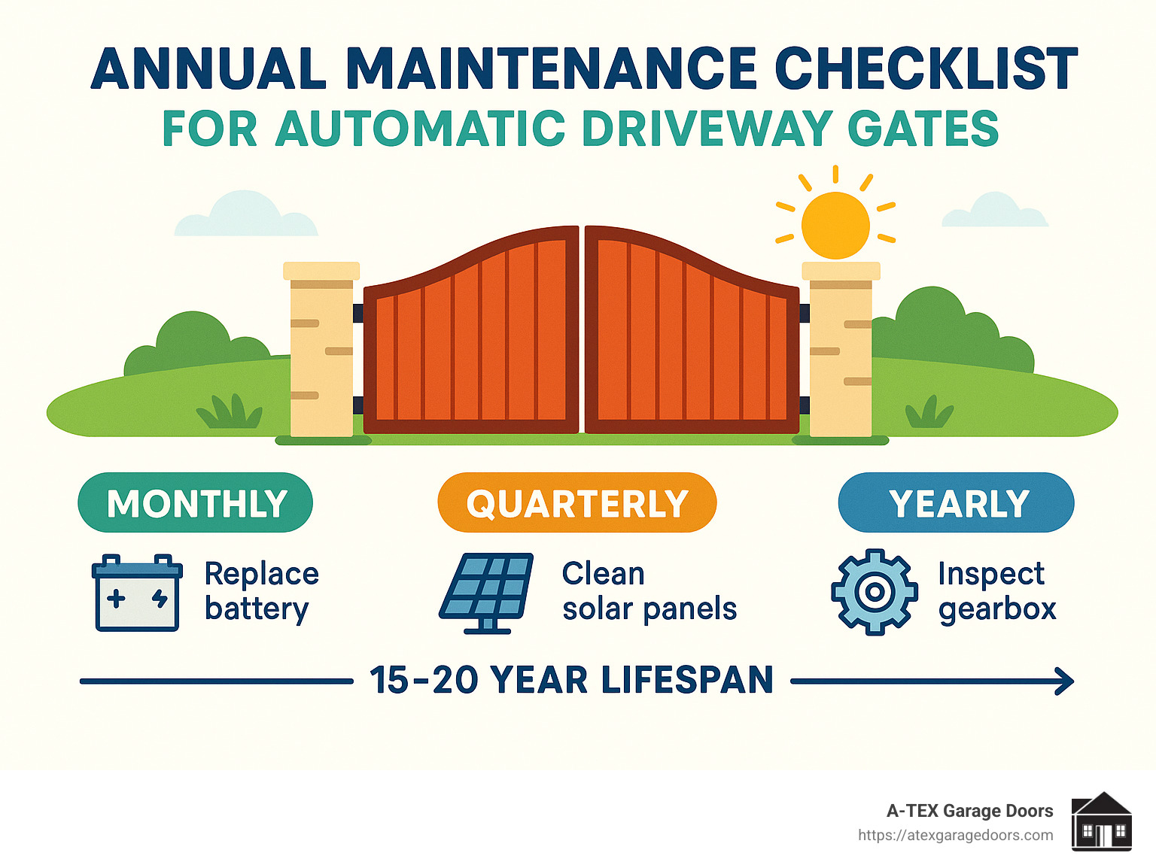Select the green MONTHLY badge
(x=196, y=502)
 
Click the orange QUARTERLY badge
(x=577, y=502)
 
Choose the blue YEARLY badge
(x=957, y=502)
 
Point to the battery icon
(x=137, y=593)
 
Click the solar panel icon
(x=487, y=593)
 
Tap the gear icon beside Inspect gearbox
(x=874, y=592)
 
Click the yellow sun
(x=835, y=224)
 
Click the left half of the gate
(x=472, y=338)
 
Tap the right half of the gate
(x=691, y=338)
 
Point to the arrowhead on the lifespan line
(x=1065, y=681)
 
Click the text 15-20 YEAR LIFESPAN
(x=571, y=681)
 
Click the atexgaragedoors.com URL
(x=955, y=835)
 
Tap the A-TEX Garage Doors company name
(x=969, y=811)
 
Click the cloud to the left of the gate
(x=246, y=215)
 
